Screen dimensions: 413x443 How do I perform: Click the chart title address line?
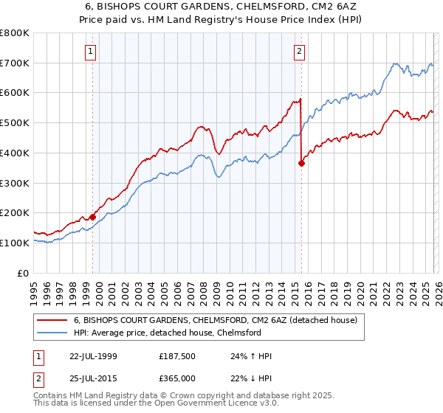point(221,7)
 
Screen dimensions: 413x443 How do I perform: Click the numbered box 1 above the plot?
point(90,51)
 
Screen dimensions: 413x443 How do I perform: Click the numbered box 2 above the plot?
point(300,51)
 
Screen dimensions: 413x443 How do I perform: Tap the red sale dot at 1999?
point(93,217)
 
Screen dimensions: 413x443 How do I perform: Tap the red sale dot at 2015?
point(301,164)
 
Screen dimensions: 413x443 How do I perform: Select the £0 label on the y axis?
point(24,273)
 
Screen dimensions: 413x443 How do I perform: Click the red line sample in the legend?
point(52,320)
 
